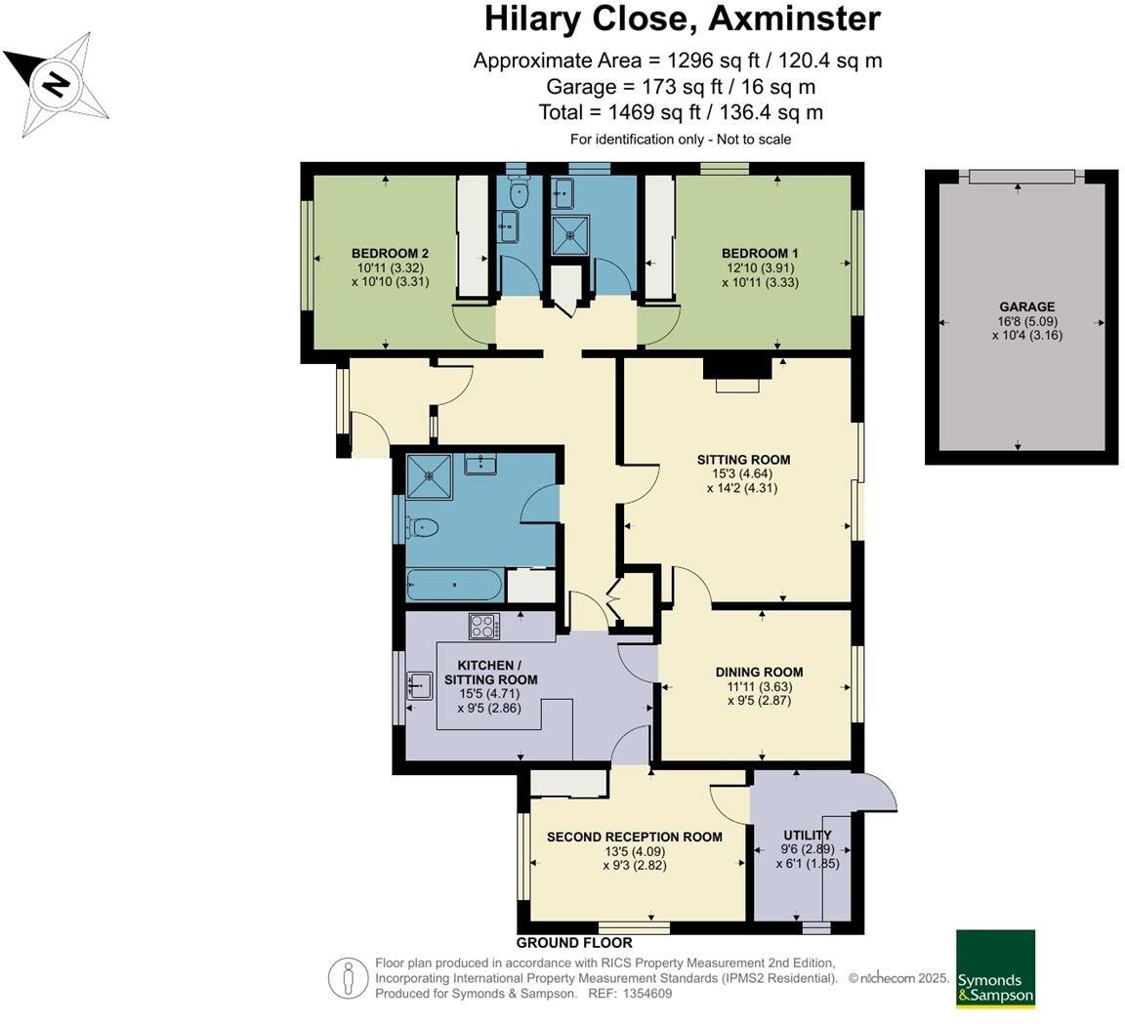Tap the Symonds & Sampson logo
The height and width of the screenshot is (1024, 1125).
[994, 967]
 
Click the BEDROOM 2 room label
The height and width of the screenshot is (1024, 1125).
[390, 254]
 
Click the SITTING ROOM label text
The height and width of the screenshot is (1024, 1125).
[743, 460]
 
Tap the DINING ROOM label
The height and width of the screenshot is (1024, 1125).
[759, 672]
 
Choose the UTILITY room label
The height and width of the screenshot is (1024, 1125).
[808, 835]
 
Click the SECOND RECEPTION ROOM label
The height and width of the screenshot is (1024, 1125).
[634, 837]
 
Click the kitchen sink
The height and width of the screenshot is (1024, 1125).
[420, 685]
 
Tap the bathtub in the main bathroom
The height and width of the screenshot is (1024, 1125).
[454, 586]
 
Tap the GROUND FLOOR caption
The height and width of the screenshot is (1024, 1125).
[574, 943]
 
